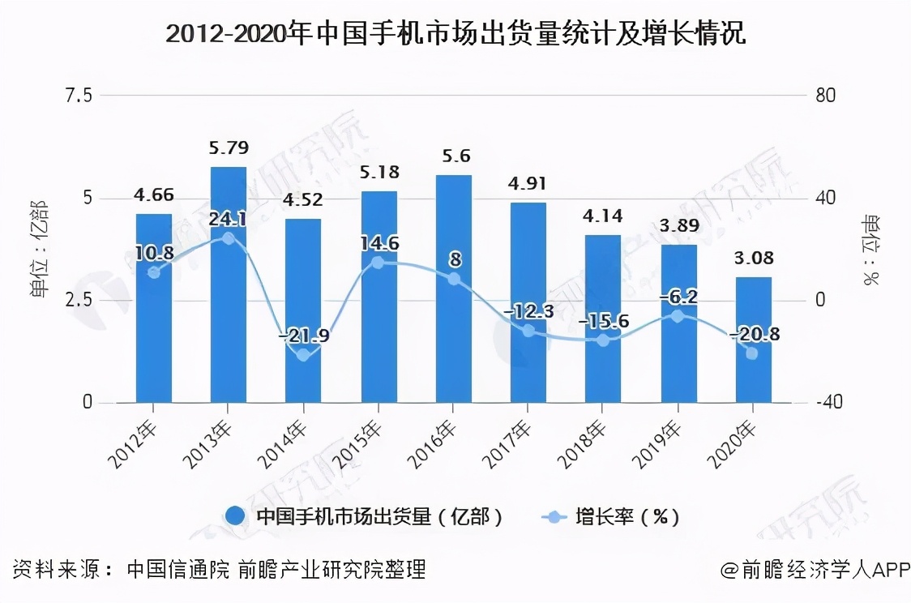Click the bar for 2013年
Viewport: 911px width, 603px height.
pyautogui.click(x=229, y=284)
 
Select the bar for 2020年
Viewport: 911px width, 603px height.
pyautogui.click(x=753, y=340)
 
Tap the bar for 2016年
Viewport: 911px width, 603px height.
pyautogui.click(x=453, y=289)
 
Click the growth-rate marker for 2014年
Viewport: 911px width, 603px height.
pyautogui.click(x=303, y=355)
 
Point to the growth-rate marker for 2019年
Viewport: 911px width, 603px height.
pyautogui.click(x=678, y=315)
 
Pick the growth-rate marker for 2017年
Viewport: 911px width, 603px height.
pyautogui.click(x=528, y=331)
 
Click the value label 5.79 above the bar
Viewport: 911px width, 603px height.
pyautogui.click(x=229, y=148)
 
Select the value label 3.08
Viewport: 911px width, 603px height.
pyautogui.click(x=753, y=259)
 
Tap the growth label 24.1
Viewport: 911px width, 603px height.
pyautogui.click(x=229, y=220)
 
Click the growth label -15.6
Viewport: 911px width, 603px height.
pyautogui.click(x=603, y=322)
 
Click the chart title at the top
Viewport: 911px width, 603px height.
pyautogui.click(x=455, y=36)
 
